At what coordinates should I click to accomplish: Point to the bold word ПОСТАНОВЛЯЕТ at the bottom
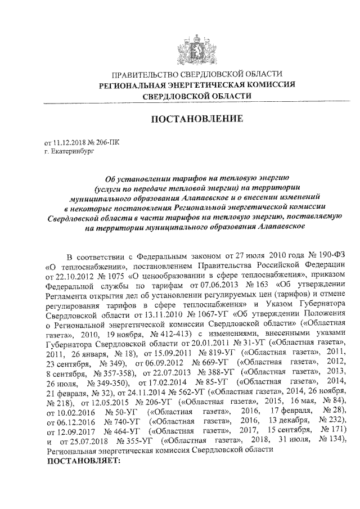83,461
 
